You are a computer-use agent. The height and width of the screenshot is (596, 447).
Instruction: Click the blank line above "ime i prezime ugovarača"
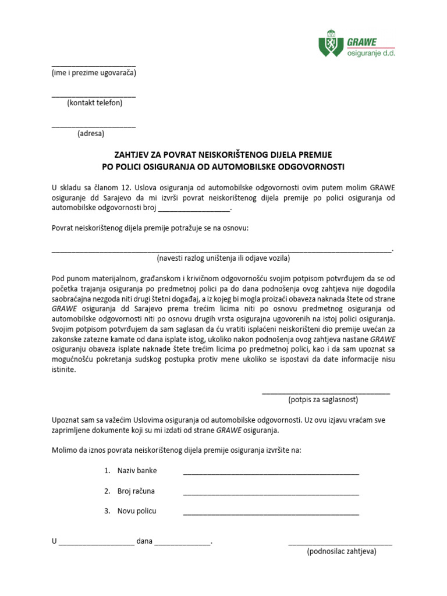tap(94, 66)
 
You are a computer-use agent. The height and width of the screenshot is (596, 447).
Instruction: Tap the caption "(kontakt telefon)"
tap(94, 103)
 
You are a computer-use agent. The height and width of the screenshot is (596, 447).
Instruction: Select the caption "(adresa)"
tap(91, 133)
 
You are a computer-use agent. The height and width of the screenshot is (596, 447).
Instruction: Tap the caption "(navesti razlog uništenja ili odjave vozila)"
tap(223, 258)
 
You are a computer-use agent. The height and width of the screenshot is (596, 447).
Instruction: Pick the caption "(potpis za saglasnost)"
tap(323, 400)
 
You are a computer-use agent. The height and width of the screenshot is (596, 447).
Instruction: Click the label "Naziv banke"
tap(137, 470)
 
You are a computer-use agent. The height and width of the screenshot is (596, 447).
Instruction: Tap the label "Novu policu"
tap(137, 511)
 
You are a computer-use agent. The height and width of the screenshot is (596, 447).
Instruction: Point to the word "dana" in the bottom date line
tap(144, 541)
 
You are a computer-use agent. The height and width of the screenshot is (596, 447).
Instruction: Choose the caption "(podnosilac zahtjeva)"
tap(342, 552)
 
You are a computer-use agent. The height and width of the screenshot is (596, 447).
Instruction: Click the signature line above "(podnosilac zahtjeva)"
tap(340, 544)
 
